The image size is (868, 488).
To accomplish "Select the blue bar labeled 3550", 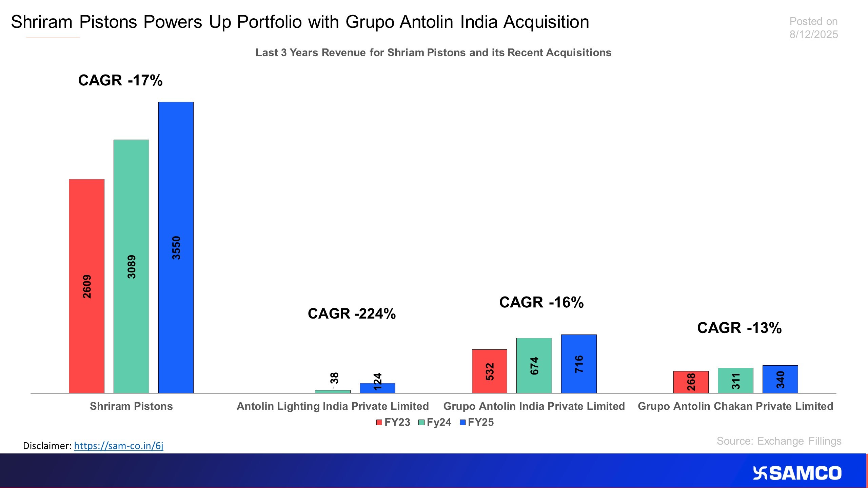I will point(176,247).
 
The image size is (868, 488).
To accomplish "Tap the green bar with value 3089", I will point(131,266).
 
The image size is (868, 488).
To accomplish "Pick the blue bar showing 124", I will point(377,388).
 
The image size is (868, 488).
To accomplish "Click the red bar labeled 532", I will point(489,371).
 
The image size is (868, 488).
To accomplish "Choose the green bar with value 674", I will point(534,365).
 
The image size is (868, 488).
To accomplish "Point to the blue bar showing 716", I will point(579,364).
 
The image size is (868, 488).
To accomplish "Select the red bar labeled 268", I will point(691,382).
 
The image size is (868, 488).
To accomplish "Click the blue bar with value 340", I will point(780,379).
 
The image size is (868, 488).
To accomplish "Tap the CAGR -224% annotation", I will point(352,313).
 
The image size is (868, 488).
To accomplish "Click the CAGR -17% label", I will point(120,80).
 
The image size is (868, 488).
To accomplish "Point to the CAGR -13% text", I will point(739,328).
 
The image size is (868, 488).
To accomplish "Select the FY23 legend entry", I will point(393,422).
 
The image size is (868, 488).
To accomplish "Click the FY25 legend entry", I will point(477,422).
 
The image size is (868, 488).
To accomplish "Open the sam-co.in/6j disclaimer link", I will point(119,445).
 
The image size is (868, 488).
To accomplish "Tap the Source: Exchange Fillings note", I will point(779,441).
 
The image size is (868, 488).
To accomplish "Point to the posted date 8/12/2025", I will point(813,34).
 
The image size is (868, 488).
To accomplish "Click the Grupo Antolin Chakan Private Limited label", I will point(735,406).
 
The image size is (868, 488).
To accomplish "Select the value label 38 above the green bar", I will point(334,378).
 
